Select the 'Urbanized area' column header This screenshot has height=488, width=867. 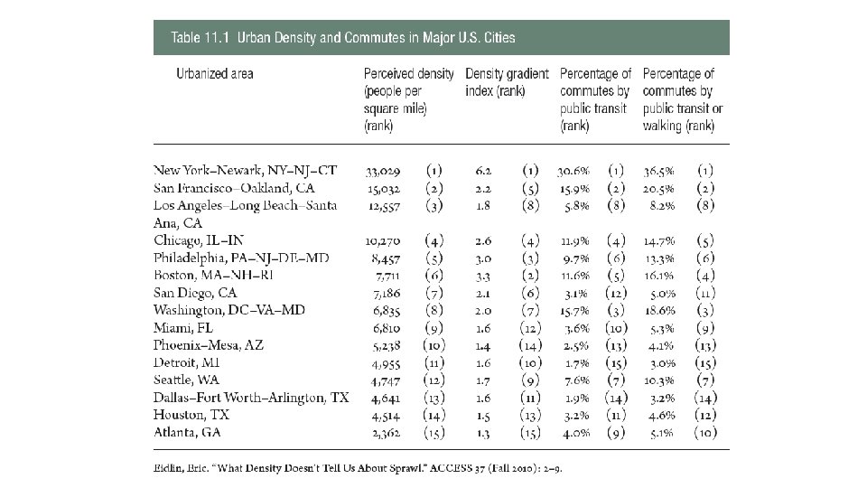click(x=214, y=73)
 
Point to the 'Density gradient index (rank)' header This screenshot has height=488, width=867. click(x=506, y=82)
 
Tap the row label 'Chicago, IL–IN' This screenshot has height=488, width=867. click(x=199, y=239)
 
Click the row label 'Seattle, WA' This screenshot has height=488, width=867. click(x=188, y=380)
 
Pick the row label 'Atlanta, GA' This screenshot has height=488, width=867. click(x=188, y=431)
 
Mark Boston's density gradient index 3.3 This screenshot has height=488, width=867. click(x=485, y=275)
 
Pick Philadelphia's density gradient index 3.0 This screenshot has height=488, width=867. click(x=485, y=258)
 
